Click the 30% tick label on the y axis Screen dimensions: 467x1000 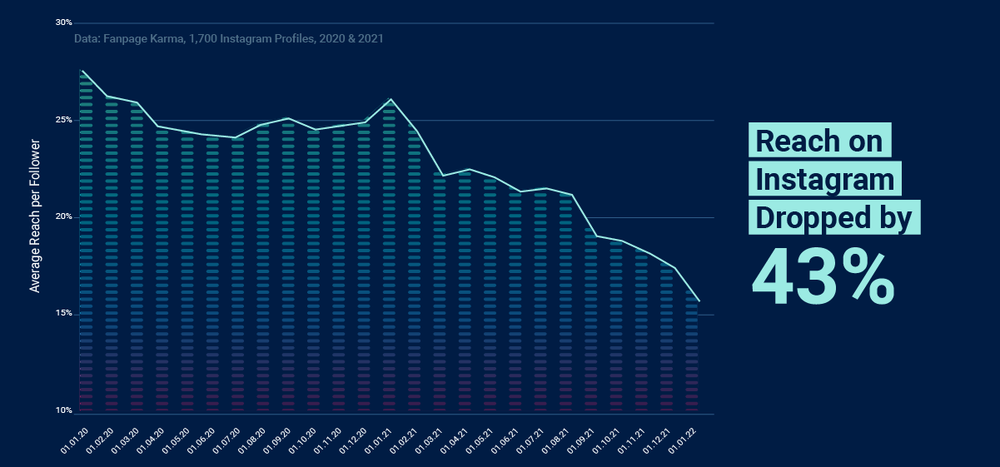click(64, 22)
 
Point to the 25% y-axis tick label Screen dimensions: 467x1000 click(64, 120)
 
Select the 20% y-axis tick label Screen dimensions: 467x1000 click(64, 217)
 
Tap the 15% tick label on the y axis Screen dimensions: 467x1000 click(64, 314)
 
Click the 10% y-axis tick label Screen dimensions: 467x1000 click(64, 411)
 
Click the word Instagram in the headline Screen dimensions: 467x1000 click(824, 180)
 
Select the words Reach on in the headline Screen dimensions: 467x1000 click(819, 141)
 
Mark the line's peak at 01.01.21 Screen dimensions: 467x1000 click(391, 99)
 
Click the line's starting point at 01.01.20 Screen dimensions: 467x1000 click(82, 71)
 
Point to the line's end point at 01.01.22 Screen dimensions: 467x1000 click(699, 301)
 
